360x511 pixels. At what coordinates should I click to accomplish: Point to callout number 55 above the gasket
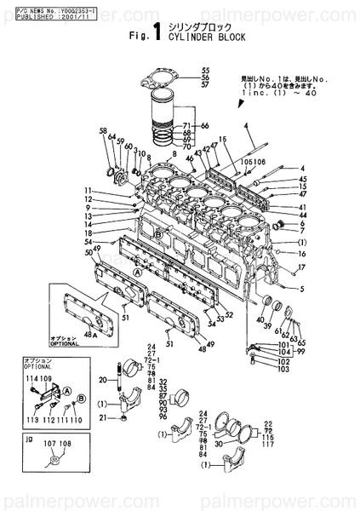click(205, 70)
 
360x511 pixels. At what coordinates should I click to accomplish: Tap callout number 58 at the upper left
click(103, 131)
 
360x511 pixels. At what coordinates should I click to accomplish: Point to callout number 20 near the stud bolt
click(101, 380)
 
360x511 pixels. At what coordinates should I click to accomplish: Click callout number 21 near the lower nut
click(101, 417)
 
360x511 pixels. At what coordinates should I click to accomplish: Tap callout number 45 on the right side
click(302, 179)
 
